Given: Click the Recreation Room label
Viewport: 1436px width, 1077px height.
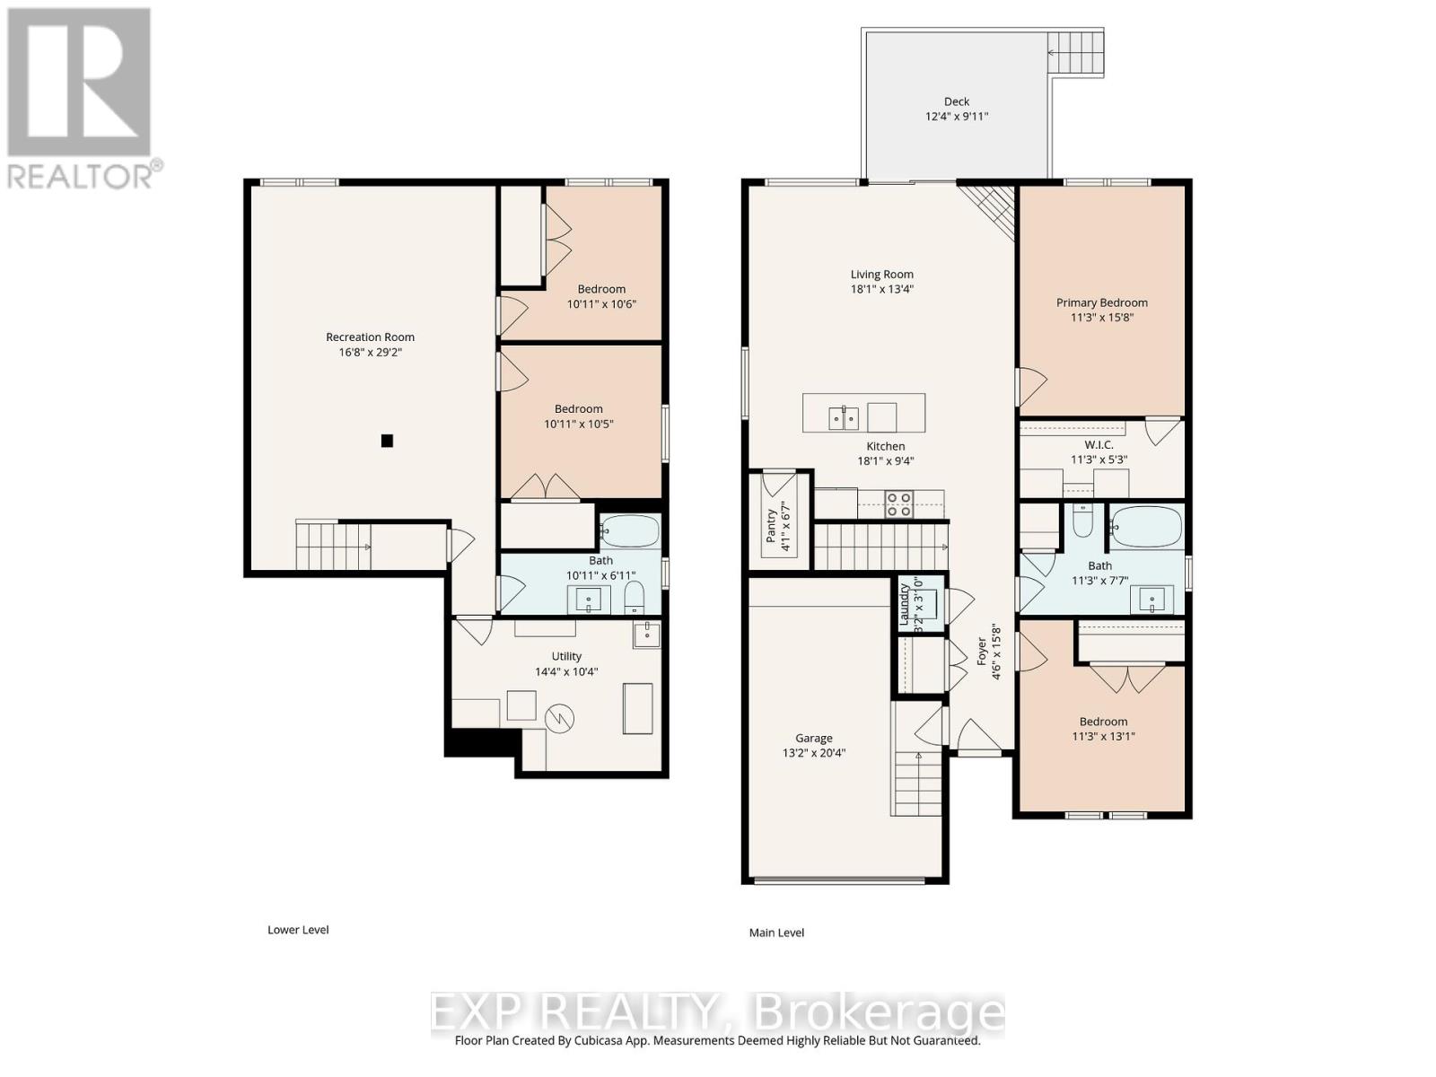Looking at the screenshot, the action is [x=370, y=337].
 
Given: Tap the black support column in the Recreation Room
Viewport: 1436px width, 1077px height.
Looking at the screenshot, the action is [x=387, y=441].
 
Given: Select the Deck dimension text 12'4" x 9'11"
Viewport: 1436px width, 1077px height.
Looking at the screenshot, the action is [x=956, y=117].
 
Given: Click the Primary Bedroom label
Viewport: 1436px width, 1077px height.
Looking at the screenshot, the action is [x=1101, y=302].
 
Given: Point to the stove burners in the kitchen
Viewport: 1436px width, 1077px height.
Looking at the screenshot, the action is [x=898, y=504].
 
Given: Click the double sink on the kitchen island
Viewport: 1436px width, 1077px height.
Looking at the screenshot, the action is [x=844, y=417].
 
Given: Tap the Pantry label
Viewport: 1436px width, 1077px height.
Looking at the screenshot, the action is [x=771, y=527].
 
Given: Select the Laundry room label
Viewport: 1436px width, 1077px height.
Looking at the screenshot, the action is [x=904, y=604].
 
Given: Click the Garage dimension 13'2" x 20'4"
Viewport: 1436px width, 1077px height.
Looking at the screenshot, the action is [x=813, y=753].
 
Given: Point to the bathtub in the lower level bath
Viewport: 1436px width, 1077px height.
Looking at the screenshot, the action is [x=629, y=531].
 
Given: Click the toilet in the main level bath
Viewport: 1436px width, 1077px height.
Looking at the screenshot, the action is [x=1082, y=521].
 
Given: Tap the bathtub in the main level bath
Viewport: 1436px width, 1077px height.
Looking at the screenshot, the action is [x=1146, y=527].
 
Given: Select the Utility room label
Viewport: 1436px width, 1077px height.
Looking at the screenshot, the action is [x=566, y=656].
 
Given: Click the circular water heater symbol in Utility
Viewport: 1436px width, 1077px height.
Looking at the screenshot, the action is [x=559, y=719].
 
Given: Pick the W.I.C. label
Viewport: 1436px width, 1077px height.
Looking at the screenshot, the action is [x=1099, y=444].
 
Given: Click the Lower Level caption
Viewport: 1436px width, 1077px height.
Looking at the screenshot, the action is [x=298, y=930].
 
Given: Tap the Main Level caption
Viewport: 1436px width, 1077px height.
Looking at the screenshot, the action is [x=776, y=933].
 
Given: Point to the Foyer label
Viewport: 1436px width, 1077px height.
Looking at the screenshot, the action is [x=981, y=652].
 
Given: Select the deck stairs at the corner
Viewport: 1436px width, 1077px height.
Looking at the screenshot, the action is [x=1075, y=52].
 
